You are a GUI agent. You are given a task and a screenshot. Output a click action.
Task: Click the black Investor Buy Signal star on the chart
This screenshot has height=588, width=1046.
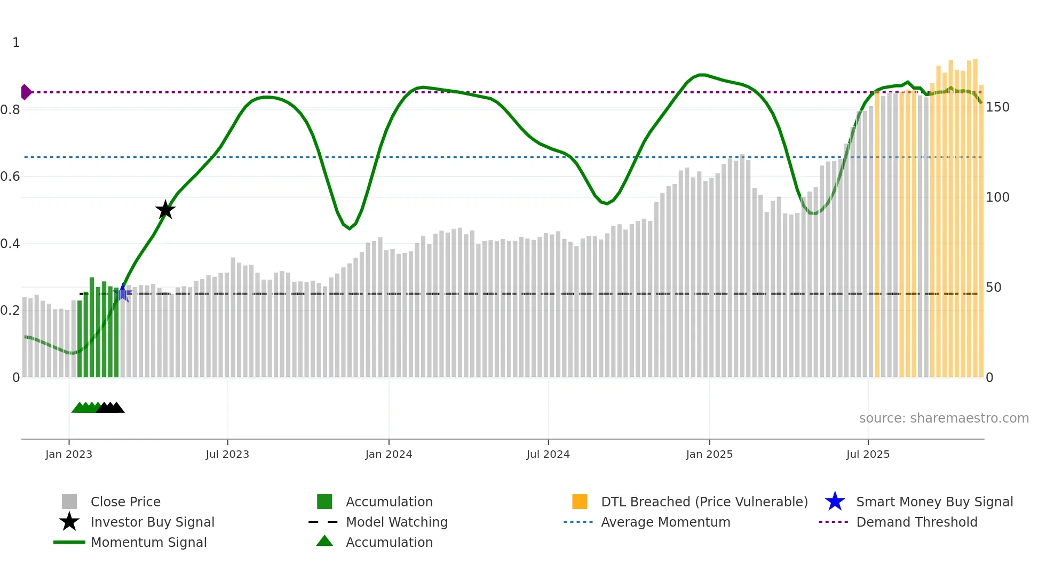coord(165,210)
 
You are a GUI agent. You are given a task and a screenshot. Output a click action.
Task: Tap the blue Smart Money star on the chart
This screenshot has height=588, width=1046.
coord(123,293)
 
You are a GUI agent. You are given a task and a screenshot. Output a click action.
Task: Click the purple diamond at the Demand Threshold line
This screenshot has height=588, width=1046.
coord(26,92)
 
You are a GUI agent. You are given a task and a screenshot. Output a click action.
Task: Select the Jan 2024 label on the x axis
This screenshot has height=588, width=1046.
coord(389,454)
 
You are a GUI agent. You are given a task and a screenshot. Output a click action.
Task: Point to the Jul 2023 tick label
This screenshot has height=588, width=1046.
coord(227,454)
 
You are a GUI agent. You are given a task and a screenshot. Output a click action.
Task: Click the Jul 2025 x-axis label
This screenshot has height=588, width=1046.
coord(868,454)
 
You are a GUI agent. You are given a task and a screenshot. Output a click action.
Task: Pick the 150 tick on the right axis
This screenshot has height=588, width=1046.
coord(997,107)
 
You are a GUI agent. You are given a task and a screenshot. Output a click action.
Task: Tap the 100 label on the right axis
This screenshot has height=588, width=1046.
coord(997,197)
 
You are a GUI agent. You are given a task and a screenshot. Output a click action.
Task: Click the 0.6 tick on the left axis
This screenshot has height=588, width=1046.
coord(10,177)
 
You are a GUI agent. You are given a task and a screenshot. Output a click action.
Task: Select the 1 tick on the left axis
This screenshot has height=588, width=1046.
coord(16,43)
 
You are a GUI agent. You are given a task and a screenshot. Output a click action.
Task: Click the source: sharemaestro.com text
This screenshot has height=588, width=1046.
coord(944,418)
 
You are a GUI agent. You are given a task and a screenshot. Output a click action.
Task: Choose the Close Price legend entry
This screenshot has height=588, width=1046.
coord(125,502)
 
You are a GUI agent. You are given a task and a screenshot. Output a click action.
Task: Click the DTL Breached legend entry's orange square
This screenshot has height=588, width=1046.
coord(580,502)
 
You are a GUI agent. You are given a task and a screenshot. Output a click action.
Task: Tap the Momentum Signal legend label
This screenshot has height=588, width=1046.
coord(148,542)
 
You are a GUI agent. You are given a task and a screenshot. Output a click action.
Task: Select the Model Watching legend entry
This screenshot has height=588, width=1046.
coord(397,522)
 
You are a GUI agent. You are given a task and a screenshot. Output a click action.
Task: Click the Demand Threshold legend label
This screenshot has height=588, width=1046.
coord(916,522)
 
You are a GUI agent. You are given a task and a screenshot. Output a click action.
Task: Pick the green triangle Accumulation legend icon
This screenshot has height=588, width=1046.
coord(324,541)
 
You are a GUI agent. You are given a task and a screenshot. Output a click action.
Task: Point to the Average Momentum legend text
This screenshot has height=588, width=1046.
coord(665,522)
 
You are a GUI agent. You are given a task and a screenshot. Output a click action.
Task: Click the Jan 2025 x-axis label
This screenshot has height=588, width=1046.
coord(709,454)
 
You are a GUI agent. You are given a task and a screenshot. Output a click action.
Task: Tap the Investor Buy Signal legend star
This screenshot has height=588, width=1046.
coord(69,522)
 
